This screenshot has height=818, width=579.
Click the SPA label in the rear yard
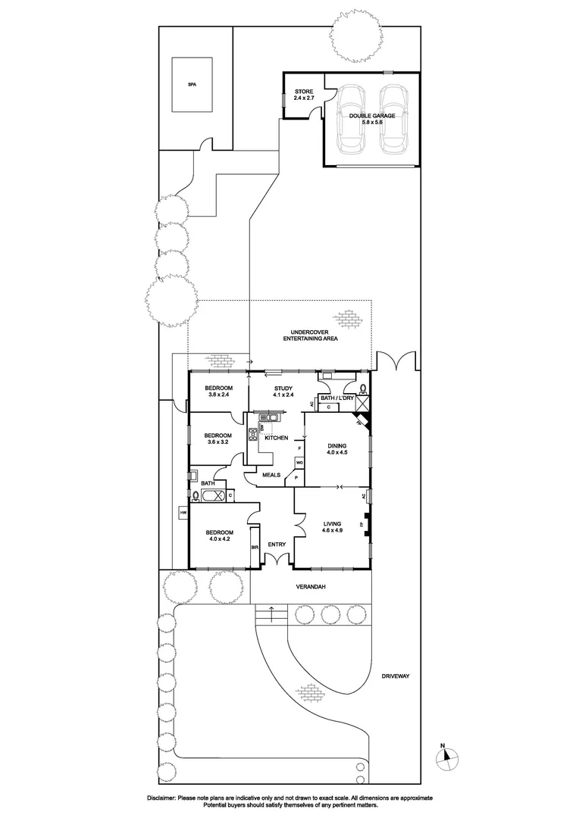[x=191, y=84]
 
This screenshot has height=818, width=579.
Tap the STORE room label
[x=303, y=95]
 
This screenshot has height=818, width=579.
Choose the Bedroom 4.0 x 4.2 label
[x=219, y=535]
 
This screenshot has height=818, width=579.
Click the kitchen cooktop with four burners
[x=253, y=435]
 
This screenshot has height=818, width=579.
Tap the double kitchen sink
[x=270, y=416]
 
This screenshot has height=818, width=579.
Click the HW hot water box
[x=183, y=514]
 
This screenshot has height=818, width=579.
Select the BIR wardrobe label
[x=255, y=545]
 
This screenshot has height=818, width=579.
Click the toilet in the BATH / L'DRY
[x=361, y=390]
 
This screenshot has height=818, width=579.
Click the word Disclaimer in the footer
[x=161, y=798]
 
